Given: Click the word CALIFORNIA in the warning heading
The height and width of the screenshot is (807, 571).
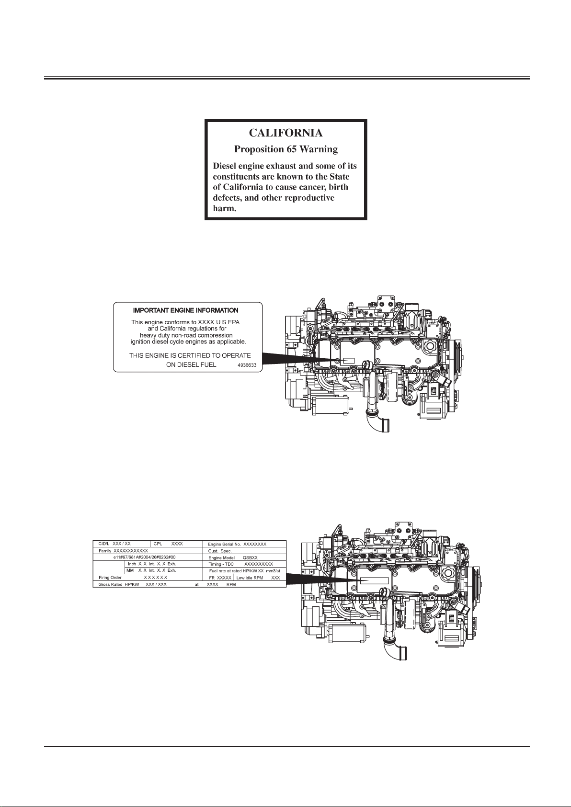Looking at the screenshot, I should (285, 133).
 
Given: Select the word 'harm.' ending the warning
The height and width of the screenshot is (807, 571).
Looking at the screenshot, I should (225, 209).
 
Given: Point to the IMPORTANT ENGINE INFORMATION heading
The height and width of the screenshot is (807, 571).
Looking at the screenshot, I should (186, 311).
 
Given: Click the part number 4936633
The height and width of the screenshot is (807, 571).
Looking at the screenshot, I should (247, 365).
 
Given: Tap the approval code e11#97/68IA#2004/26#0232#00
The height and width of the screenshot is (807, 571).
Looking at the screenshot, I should (144, 557).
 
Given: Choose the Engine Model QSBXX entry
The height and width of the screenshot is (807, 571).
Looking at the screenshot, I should (233, 558).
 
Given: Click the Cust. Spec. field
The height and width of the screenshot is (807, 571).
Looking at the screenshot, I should (220, 551).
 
